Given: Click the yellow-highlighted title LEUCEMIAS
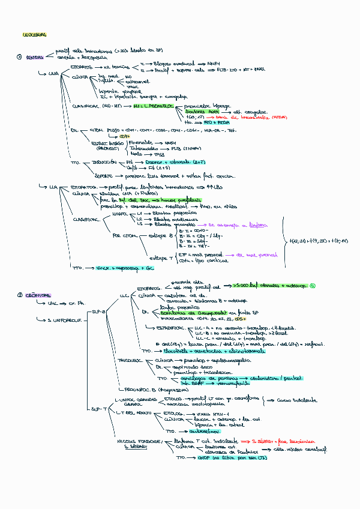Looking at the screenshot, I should pos(34,35).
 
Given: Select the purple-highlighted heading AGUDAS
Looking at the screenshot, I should pos(34,57).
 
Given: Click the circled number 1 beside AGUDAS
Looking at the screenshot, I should pos(20,57).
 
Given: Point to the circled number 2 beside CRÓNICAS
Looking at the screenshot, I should pos(20,295).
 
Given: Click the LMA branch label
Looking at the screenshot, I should pos(53,73).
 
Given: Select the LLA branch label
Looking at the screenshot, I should pos(53,187).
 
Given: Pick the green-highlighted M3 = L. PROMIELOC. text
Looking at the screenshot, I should pos(154,106).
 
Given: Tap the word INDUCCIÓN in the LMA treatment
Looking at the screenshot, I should pos(104,162).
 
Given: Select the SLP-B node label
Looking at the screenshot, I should pos(99,312).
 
